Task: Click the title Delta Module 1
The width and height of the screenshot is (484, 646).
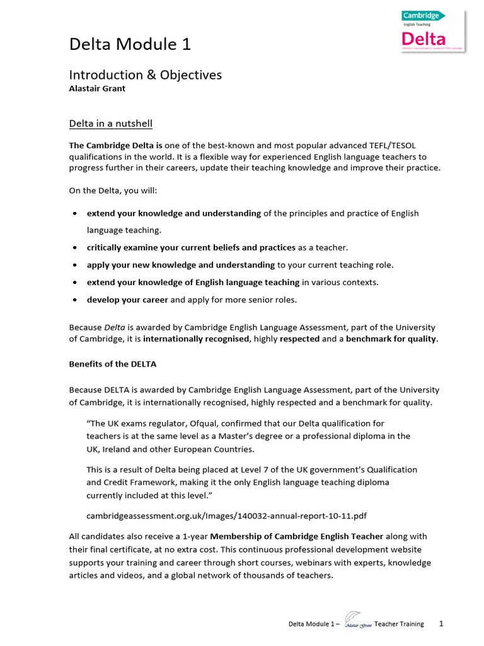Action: pyautogui.click(x=130, y=44)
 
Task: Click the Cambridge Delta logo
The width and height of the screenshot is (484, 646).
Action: pyautogui.click(x=432, y=31)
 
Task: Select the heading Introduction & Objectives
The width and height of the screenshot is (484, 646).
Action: pyautogui.click(x=145, y=75)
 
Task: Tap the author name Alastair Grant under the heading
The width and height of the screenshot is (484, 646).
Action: pyautogui.click(x=97, y=89)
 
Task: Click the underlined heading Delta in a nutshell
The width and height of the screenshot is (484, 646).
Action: pyautogui.click(x=110, y=123)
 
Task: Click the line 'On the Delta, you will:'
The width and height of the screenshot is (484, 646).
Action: pyautogui.click(x=115, y=191)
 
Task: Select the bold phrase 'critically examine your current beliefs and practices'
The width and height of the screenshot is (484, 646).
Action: pyautogui.click(x=191, y=248)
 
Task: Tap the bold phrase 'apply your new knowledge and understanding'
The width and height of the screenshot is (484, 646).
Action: pyautogui.click(x=180, y=265)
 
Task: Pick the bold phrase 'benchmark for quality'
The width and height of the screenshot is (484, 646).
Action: pyautogui.click(x=390, y=339)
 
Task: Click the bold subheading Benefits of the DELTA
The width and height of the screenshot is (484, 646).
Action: pyautogui.click(x=113, y=365)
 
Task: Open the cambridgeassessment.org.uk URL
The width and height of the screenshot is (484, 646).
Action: pyautogui.click(x=226, y=516)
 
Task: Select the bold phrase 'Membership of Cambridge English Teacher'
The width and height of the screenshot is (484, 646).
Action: pyautogui.click(x=296, y=536)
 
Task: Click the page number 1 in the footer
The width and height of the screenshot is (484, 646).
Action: pyautogui.click(x=441, y=624)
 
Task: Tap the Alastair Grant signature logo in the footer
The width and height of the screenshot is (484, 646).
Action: pyautogui.click(x=357, y=623)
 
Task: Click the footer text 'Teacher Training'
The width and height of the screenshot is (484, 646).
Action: pyautogui.click(x=399, y=625)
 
